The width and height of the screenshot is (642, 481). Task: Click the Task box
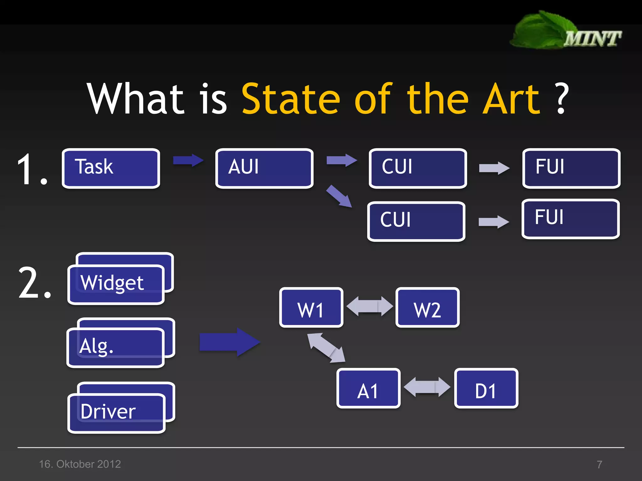click(111, 168)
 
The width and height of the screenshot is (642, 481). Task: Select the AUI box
click(264, 168)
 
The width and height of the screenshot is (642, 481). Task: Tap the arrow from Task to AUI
click(188, 161)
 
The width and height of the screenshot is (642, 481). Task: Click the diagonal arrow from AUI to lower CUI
click(339, 196)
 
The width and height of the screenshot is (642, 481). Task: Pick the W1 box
click(311, 308)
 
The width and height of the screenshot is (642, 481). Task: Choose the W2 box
click(427, 308)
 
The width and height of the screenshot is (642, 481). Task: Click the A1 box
click(368, 388)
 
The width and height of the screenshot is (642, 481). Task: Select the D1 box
click(486, 388)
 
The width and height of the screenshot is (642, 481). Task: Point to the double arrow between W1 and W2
click(370, 306)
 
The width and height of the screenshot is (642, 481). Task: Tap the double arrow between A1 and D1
click(427, 387)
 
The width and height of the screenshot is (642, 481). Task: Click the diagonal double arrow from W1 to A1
click(326, 348)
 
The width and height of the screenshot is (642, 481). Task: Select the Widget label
click(112, 283)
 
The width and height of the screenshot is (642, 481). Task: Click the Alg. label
click(96, 346)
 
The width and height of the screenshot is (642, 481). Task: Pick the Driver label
click(108, 411)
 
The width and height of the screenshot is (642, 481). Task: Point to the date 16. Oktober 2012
click(80, 464)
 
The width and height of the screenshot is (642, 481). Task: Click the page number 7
click(599, 464)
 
